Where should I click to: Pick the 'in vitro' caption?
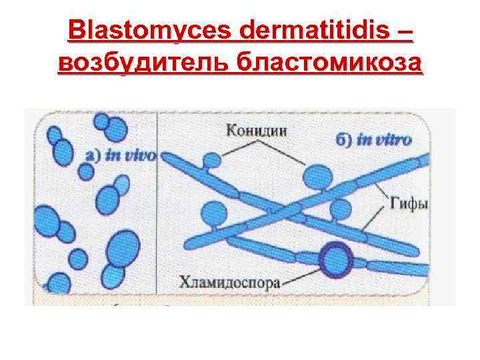(385, 140)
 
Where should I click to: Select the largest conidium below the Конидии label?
(318, 178)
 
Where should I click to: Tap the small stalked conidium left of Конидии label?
(212, 161)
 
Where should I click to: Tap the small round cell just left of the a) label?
(85, 172)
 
